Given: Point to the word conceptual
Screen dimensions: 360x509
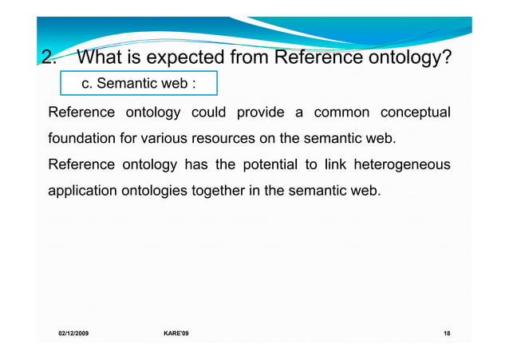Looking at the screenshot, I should (410, 111).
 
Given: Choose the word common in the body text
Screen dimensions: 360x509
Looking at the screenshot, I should (337, 111).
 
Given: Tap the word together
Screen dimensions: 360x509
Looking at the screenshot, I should (219, 192).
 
